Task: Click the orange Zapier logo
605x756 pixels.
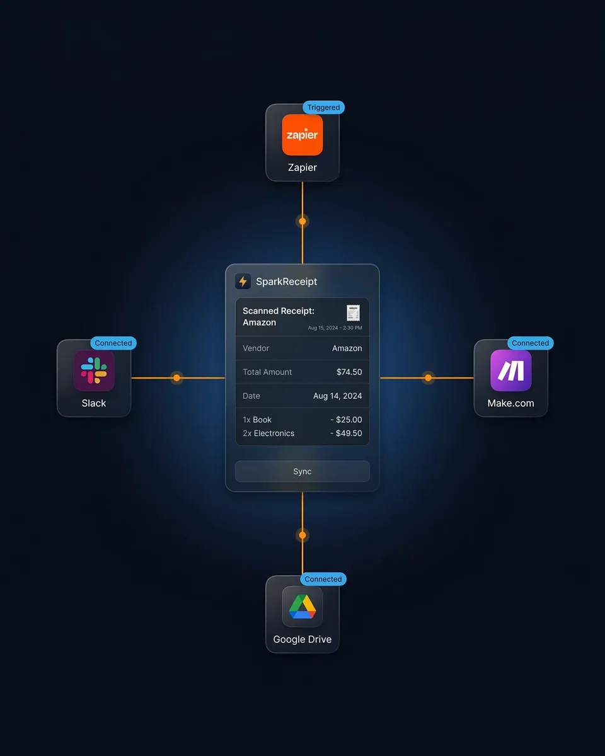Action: tap(302, 135)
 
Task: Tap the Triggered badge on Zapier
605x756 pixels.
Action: tap(323, 108)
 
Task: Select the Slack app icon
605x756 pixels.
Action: tap(94, 370)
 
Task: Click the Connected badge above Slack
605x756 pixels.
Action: tap(113, 343)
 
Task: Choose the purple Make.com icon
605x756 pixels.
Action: tap(511, 370)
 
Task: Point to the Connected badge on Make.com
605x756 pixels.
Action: tap(530, 343)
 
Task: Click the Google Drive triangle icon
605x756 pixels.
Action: tap(302, 606)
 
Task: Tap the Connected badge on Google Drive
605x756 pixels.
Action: tap(323, 579)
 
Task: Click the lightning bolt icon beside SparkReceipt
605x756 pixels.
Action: tap(243, 282)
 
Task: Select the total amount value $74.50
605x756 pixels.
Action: tap(349, 372)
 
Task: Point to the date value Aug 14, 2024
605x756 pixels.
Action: tap(338, 396)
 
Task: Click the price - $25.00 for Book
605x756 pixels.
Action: tap(346, 420)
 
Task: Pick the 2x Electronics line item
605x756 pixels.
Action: tap(268, 433)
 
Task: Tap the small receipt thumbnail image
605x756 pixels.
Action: tap(353, 313)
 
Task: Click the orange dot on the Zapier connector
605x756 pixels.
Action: tap(302, 221)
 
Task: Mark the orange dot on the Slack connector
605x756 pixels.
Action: tap(177, 378)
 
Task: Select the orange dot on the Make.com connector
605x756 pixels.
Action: tap(428, 378)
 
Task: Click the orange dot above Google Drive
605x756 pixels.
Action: tap(302, 535)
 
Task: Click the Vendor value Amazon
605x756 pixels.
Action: tap(347, 348)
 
